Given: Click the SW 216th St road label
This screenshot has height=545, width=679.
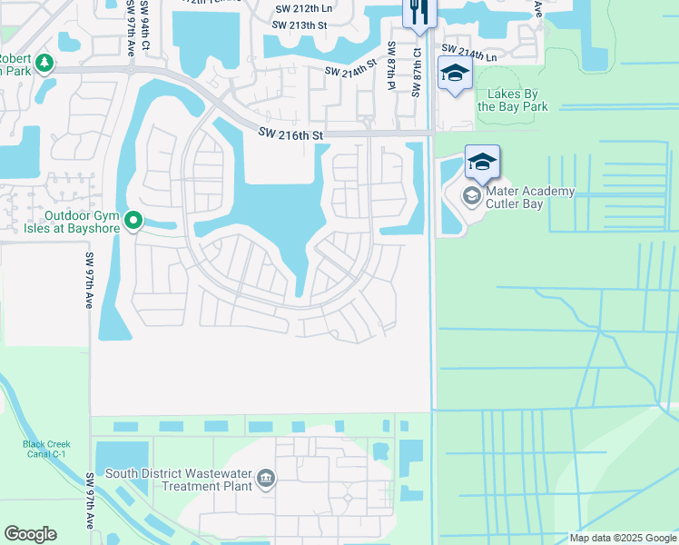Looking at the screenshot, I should (x=290, y=134).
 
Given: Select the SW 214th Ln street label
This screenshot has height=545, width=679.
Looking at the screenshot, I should (x=469, y=52).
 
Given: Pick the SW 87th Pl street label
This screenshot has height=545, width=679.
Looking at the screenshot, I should (x=392, y=64).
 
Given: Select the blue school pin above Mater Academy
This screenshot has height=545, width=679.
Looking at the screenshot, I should (x=482, y=163).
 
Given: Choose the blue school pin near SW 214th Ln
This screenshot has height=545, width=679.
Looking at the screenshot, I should (x=455, y=74).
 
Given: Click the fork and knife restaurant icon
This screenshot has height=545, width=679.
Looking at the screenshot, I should (x=418, y=12).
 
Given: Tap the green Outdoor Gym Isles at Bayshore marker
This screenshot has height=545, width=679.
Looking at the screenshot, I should (x=133, y=220).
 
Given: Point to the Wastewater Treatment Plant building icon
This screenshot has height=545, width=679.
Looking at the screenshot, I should (x=266, y=479).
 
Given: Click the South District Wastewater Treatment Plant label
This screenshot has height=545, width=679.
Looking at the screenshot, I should (x=178, y=479).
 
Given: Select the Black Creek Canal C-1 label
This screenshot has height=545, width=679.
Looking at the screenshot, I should (x=34, y=450).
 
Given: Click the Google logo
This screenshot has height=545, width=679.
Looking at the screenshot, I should (x=30, y=534).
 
